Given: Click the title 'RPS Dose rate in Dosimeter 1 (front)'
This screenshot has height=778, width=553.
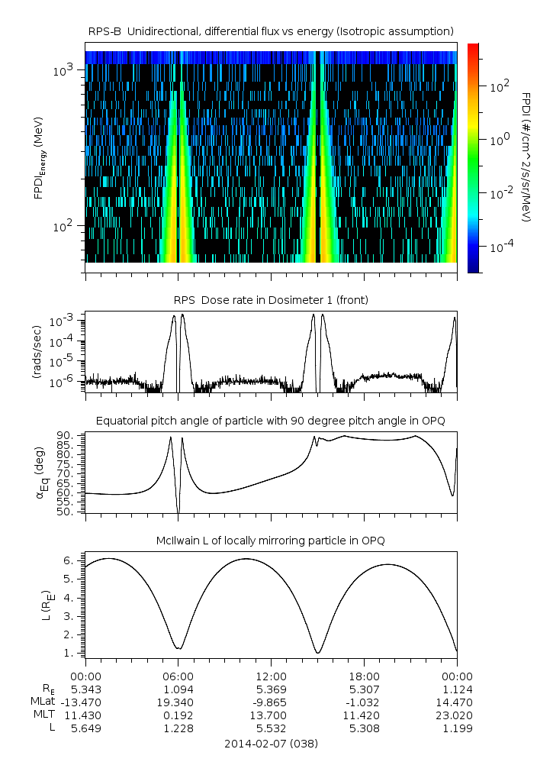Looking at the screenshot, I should (271, 300).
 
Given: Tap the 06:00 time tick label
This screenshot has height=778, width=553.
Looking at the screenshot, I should (178, 676).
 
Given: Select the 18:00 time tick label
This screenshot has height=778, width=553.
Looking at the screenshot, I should (364, 676).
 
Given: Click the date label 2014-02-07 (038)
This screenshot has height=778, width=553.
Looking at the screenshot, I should (271, 743).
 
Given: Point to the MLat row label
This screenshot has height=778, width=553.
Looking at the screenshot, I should (43, 702).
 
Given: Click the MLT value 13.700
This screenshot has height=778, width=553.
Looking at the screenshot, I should (271, 715).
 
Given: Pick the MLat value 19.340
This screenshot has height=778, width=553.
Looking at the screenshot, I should (178, 702).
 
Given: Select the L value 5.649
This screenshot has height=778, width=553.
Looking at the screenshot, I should (85, 728).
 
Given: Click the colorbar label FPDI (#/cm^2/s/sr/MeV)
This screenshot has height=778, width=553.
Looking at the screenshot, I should (526, 157).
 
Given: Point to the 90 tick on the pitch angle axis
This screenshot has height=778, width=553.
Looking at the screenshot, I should (65, 435).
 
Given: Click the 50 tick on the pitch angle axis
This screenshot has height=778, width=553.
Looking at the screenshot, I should (65, 512).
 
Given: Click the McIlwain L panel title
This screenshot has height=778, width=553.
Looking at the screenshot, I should (271, 541).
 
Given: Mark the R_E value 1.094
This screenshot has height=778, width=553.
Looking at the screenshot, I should (178, 689).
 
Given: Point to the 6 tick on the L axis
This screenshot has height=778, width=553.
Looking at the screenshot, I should (69, 560).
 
